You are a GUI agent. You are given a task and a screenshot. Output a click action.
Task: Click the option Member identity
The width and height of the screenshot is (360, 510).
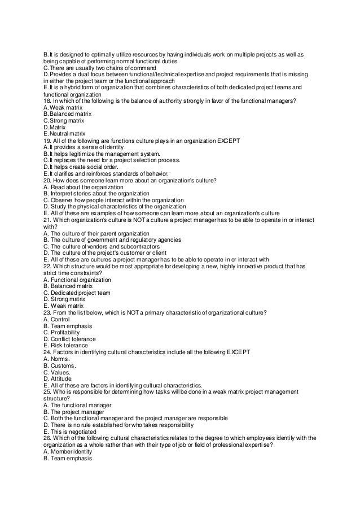[x=71, y=451]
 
